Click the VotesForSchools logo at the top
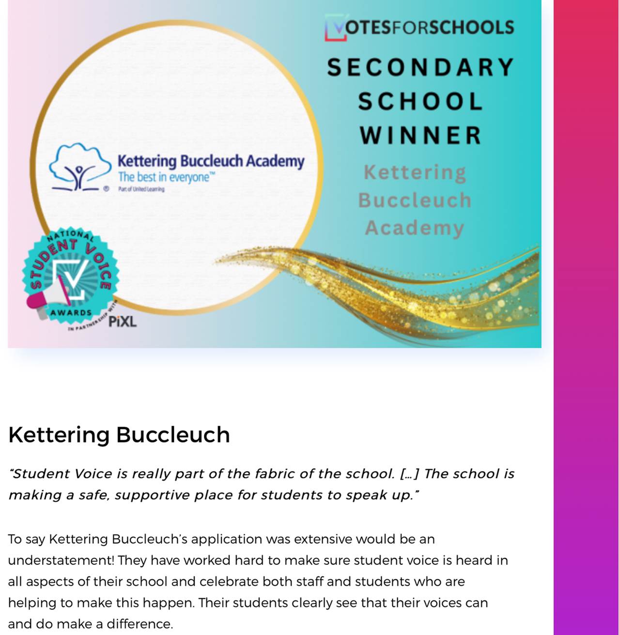click(419, 27)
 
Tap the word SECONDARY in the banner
click(420, 67)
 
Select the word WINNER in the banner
click(420, 135)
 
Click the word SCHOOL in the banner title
click(420, 102)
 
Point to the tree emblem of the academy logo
click(79, 167)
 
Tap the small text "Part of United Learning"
click(141, 189)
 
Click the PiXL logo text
click(122, 322)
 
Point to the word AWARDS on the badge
click(71, 313)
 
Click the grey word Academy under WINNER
click(415, 228)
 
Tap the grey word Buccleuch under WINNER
click(415, 201)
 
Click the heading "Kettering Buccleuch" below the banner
click(119, 434)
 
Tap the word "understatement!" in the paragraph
click(61, 560)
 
